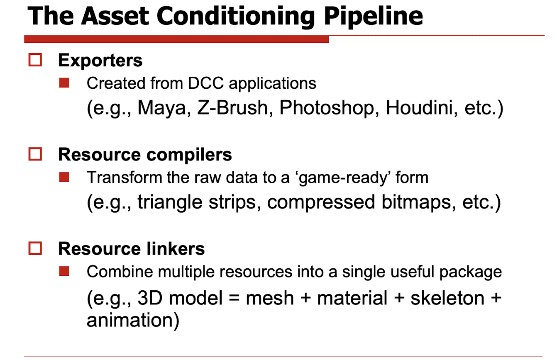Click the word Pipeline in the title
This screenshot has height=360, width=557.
coord(373,17)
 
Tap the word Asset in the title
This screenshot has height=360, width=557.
coord(115,16)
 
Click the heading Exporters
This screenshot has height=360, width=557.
coord(100,61)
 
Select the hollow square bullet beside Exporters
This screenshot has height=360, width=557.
coord(35,60)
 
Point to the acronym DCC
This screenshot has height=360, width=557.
coord(206,83)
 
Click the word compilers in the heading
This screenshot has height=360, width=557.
coord(189,155)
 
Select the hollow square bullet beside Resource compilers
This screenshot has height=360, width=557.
coord(35,154)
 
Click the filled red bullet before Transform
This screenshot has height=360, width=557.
coord(64,177)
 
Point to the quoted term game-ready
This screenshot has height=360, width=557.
coord(343,178)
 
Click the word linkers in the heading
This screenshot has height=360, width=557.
coord(176,249)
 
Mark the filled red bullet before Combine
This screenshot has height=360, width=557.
coord(64,271)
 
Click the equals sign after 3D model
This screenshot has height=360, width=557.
coord(234,298)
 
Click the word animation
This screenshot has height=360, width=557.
coord(133,320)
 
